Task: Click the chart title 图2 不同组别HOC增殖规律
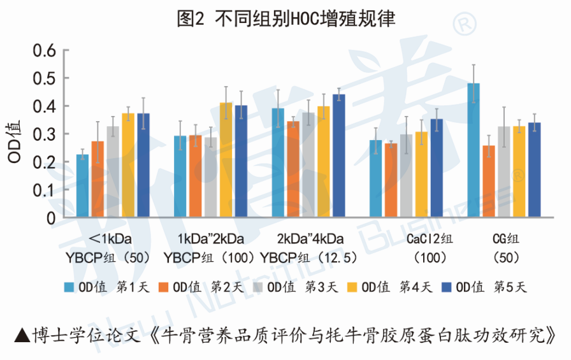(x=285, y=19)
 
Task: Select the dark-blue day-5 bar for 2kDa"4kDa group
(x=338, y=156)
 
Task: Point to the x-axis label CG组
(x=507, y=240)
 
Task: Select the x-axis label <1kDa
(x=108, y=240)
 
